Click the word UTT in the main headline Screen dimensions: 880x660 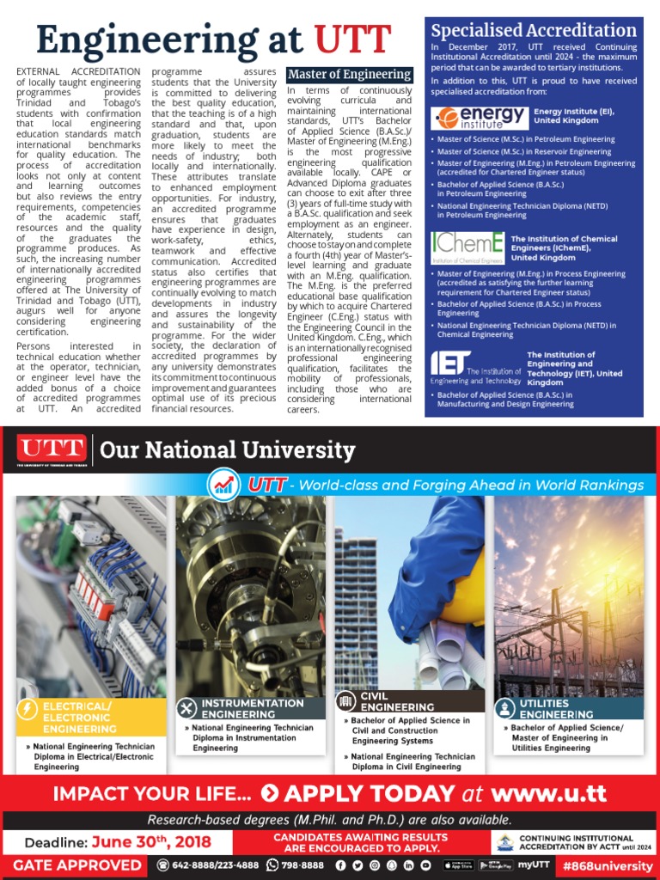click(352, 40)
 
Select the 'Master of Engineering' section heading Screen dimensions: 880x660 click(349, 75)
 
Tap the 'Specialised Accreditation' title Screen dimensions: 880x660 click(534, 31)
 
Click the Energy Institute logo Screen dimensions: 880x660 click(480, 118)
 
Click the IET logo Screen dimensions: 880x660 click(475, 367)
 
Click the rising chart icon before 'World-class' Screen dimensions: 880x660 click(226, 485)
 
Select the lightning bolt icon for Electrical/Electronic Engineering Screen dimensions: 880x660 click(27, 710)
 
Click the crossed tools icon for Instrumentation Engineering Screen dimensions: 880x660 click(186, 707)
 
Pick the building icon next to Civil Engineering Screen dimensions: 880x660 click(345, 700)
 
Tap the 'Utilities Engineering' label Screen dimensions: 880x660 click(556, 708)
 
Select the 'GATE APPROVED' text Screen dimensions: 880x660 click(77, 865)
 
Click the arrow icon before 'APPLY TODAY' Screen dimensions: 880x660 click(269, 792)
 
